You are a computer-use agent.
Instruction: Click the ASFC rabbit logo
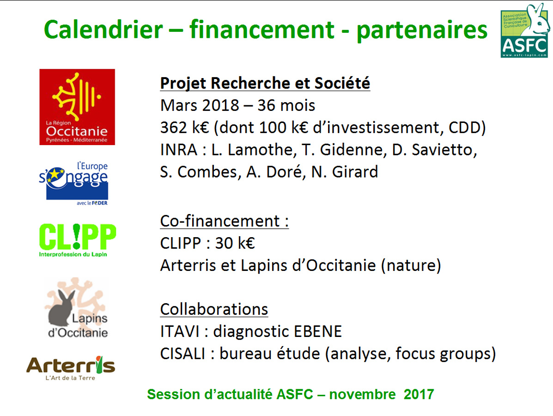[x=525, y=31]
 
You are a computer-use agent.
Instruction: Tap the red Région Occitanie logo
[x=77, y=107]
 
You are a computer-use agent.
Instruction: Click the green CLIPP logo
[x=77, y=240]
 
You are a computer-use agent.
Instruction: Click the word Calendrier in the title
[x=103, y=30]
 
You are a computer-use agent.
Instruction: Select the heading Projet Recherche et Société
[x=265, y=84]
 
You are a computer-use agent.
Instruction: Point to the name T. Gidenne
[x=342, y=150]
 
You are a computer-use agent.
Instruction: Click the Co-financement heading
[x=225, y=221]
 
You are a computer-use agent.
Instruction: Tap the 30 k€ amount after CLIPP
[x=235, y=243]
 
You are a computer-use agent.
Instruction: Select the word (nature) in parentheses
[x=411, y=265]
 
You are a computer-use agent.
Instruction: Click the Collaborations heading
[x=214, y=309]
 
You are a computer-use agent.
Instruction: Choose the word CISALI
[x=182, y=354]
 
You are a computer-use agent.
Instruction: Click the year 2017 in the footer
[x=419, y=394]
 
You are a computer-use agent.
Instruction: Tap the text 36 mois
[x=286, y=105]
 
